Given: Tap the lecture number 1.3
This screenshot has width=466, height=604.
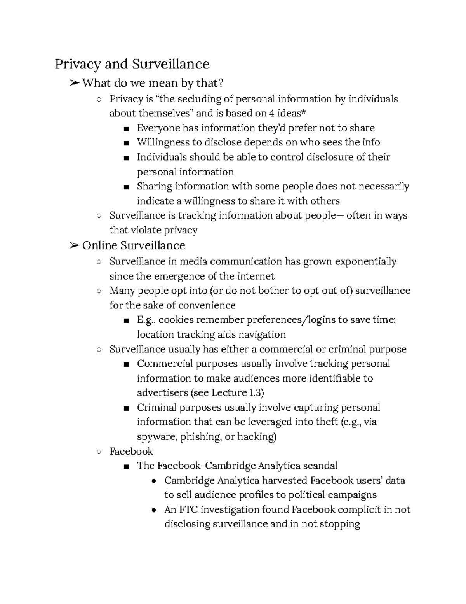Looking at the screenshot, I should point(256,393).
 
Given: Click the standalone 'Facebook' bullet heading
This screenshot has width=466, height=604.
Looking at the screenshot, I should point(131,451).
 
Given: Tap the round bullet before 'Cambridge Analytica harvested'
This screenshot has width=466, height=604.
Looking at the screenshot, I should point(154,481).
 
